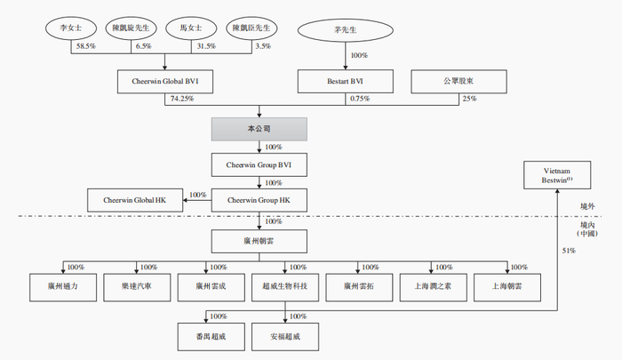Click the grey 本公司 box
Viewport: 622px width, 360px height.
[259, 129]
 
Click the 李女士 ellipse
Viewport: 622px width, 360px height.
[69, 28]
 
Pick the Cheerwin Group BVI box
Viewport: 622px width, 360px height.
[259, 164]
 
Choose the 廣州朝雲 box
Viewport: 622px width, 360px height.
[259, 241]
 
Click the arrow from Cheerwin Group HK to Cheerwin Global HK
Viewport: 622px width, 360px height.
[197, 200]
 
